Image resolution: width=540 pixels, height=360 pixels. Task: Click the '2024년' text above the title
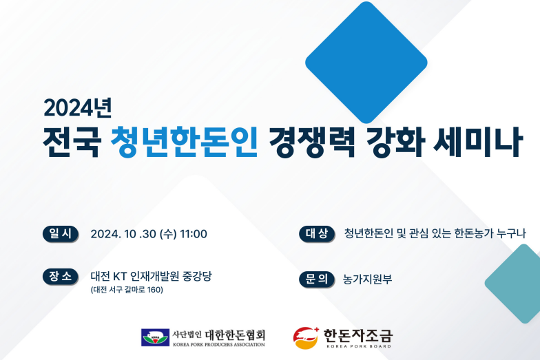78,107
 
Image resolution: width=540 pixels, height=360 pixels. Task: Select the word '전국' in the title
72,142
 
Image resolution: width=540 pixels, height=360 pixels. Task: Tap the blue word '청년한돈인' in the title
185,142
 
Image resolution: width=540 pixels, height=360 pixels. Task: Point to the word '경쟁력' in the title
312,142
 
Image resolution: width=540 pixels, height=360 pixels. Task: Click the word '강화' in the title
395,142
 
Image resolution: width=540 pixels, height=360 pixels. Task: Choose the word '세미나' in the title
478,142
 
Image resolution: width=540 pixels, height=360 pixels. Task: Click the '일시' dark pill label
61,234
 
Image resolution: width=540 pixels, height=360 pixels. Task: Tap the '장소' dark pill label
61,277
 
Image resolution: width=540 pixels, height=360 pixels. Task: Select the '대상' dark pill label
317,234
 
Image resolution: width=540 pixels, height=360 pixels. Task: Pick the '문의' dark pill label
317,279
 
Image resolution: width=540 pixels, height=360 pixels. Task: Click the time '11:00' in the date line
194,234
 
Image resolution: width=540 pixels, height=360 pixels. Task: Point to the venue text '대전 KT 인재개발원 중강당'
152,276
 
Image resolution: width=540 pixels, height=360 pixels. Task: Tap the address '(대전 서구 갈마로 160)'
127,290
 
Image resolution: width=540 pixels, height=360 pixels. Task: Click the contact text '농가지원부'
368,279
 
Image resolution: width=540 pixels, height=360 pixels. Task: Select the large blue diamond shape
366,62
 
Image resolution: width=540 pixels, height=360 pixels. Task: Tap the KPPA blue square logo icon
155,337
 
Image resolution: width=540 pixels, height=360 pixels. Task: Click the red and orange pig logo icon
306,338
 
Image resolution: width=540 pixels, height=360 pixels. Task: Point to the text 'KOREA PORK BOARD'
359,346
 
